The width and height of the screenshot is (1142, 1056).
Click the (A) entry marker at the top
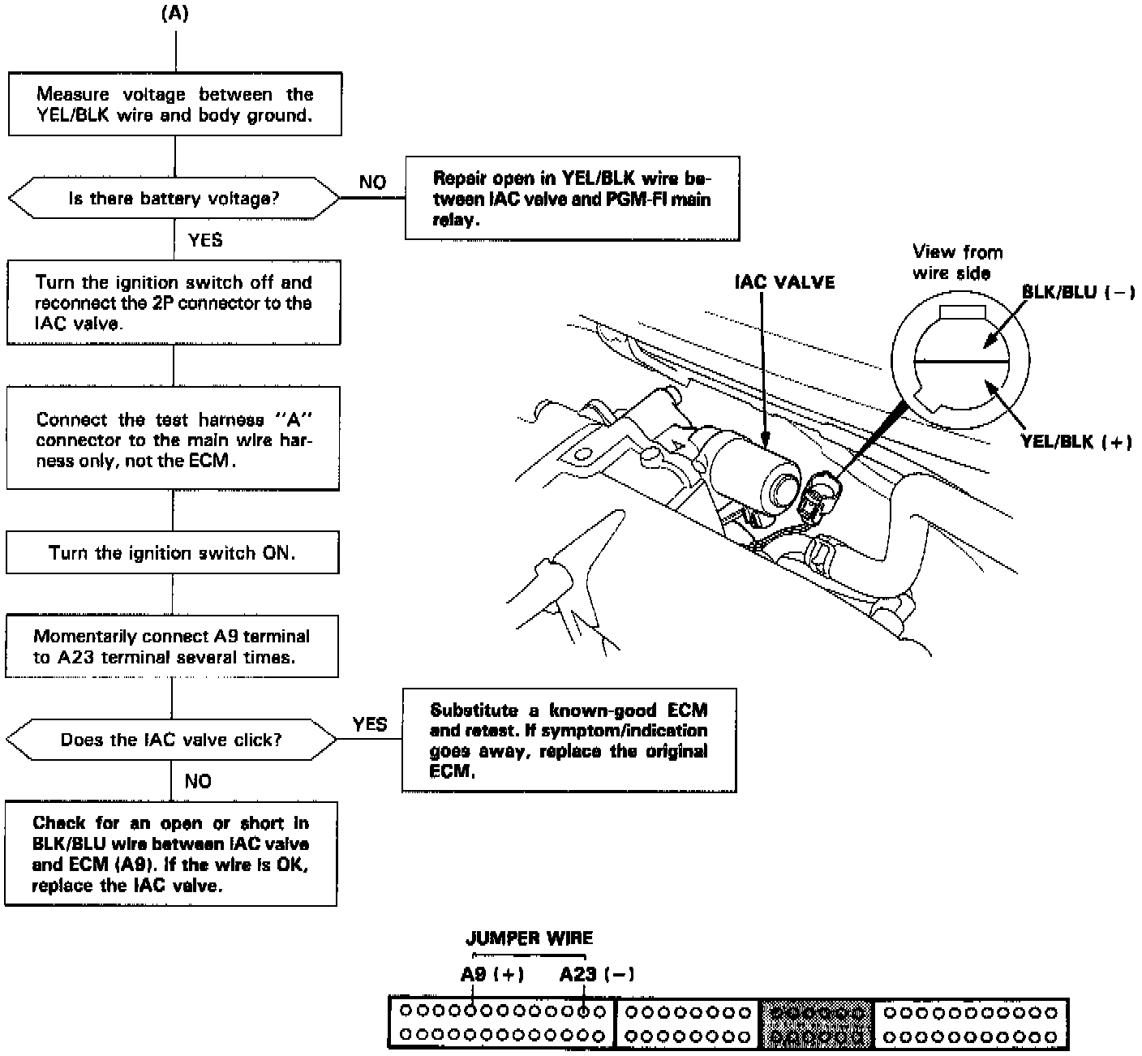[x=175, y=14]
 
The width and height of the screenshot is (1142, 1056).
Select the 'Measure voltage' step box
[x=174, y=104]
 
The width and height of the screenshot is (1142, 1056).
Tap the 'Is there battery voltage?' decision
[x=174, y=198]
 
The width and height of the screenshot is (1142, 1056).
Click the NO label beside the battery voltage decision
[x=372, y=182]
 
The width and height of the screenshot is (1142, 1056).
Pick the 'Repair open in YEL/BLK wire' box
[x=572, y=199]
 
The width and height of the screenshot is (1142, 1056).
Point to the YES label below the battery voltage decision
[x=204, y=240]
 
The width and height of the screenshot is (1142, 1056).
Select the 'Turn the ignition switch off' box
[x=174, y=303]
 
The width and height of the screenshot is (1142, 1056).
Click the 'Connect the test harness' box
[x=173, y=439]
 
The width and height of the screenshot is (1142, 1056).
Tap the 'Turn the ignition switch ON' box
[x=172, y=553]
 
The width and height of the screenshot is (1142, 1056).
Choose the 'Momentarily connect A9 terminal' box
[x=172, y=646]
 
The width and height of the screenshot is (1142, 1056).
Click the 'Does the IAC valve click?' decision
[x=171, y=740]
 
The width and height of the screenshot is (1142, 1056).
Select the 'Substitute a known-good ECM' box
[x=569, y=740]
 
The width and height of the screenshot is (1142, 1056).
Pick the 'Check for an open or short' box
[x=170, y=853]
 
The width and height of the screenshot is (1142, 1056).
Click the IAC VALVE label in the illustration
[x=784, y=282]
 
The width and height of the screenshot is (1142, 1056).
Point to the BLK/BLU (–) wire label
[x=1078, y=292]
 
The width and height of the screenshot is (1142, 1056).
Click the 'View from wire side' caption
[x=957, y=262]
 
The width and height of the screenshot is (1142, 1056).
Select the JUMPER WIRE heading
[x=529, y=938]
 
